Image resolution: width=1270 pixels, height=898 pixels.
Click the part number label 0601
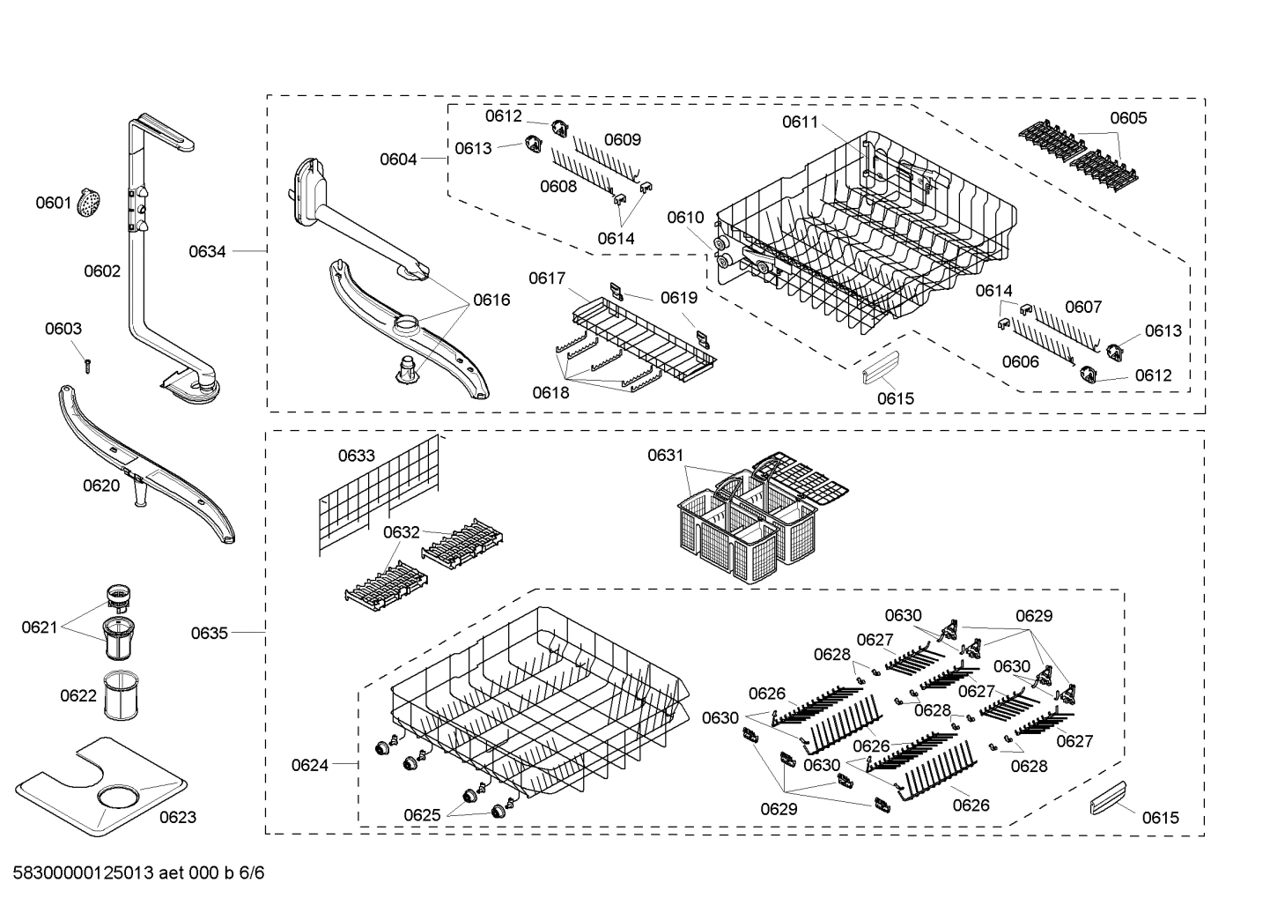(x=53, y=204)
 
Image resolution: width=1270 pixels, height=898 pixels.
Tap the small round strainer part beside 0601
(x=88, y=204)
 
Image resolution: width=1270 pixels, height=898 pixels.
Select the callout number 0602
(x=102, y=271)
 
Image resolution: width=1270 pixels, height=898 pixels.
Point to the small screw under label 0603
(x=88, y=363)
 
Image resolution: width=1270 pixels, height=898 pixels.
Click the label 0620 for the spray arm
(x=101, y=486)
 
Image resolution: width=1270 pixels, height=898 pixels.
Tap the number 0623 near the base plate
(x=177, y=817)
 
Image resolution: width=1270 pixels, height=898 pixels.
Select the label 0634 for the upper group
(x=207, y=252)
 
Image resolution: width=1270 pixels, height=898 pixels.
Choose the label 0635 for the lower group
(x=209, y=633)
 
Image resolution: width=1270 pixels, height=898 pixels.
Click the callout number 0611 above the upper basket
(x=800, y=122)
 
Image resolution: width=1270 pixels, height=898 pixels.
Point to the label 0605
(x=1128, y=118)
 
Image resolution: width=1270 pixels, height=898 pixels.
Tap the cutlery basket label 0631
(x=665, y=455)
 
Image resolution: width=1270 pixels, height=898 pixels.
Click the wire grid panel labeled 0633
(x=379, y=498)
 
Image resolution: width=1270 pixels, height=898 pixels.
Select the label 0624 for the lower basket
(x=310, y=765)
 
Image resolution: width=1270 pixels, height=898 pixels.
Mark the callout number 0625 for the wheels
(x=422, y=815)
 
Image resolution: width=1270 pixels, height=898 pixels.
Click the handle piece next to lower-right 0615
(x=1109, y=804)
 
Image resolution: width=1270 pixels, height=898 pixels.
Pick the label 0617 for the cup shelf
(x=547, y=278)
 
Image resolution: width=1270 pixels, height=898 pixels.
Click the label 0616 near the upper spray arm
(x=491, y=300)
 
